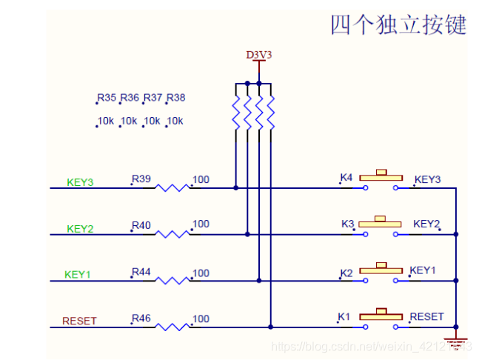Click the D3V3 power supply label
[258, 55]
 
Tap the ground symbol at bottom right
[456, 341]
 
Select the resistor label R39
[141, 179]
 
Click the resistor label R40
[141, 224]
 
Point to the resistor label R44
[141, 273]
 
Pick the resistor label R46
[141, 319]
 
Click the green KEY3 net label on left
[79, 182]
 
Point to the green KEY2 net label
[79, 229]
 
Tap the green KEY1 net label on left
[78, 275]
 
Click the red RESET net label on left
[79, 321]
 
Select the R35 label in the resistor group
[107, 98]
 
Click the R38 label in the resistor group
[176, 98]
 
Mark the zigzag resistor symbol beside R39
[172, 188]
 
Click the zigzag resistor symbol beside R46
[172, 326]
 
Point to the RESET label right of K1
[426, 316]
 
